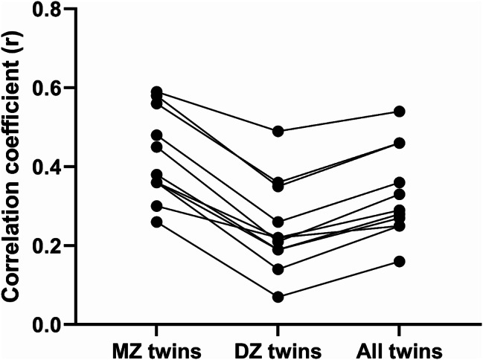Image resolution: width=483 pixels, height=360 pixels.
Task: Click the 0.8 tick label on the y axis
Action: coord(47,9)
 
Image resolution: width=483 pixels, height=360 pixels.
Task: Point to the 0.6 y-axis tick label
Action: coord(47,88)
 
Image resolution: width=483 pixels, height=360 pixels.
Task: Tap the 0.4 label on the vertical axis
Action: coord(47,167)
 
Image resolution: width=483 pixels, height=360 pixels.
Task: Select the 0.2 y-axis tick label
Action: coord(47,245)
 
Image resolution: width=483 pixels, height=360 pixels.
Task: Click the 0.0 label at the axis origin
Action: coord(47,324)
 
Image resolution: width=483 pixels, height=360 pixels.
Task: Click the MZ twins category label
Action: coord(157,351)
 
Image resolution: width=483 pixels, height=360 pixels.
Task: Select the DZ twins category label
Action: coord(278,351)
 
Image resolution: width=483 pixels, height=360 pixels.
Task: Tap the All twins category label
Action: coord(400,351)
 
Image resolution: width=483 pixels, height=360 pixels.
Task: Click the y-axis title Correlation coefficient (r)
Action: coord(12,167)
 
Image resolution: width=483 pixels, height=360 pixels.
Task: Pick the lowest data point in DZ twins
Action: coord(278,297)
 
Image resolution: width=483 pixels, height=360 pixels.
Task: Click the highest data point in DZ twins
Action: coord(278,132)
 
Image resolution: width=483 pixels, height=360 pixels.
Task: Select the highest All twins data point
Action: coord(400,112)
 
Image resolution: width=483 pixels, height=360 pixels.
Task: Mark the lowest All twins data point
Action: coord(400,262)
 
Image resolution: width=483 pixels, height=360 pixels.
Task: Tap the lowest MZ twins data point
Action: coord(157,222)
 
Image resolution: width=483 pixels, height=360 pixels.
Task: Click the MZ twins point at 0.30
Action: coord(157,206)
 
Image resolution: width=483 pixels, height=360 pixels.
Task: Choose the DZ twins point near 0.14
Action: coord(278,269)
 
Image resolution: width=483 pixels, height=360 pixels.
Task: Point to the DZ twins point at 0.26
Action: coord(278,222)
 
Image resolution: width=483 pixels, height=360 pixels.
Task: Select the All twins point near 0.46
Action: coord(400,144)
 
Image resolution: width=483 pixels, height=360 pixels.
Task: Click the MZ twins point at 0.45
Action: coord(157,147)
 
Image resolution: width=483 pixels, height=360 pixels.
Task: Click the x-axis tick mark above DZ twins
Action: coord(278,330)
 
